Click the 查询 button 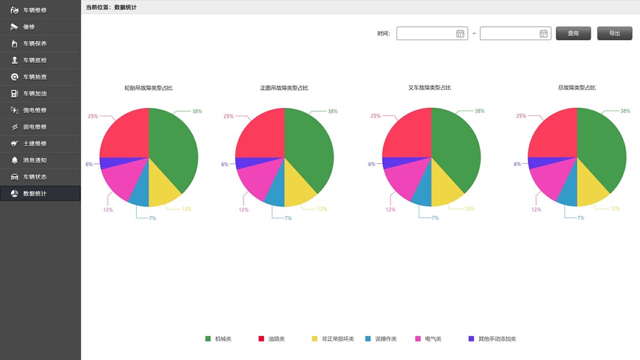(573, 34)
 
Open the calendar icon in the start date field (460, 34)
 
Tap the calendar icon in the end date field (543, 34)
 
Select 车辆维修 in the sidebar (35, 10)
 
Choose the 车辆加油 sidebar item (35, 94)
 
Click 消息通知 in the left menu (35, 160)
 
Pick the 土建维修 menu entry (35, 143)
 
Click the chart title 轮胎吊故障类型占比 (148, 88)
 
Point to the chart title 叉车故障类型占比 (429, 88)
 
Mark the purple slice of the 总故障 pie (533, 163)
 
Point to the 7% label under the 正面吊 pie (288, 218)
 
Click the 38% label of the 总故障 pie (625, 111)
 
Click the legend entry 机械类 (223, 339)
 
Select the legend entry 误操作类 (386, 339)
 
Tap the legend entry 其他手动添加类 (497, 339)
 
